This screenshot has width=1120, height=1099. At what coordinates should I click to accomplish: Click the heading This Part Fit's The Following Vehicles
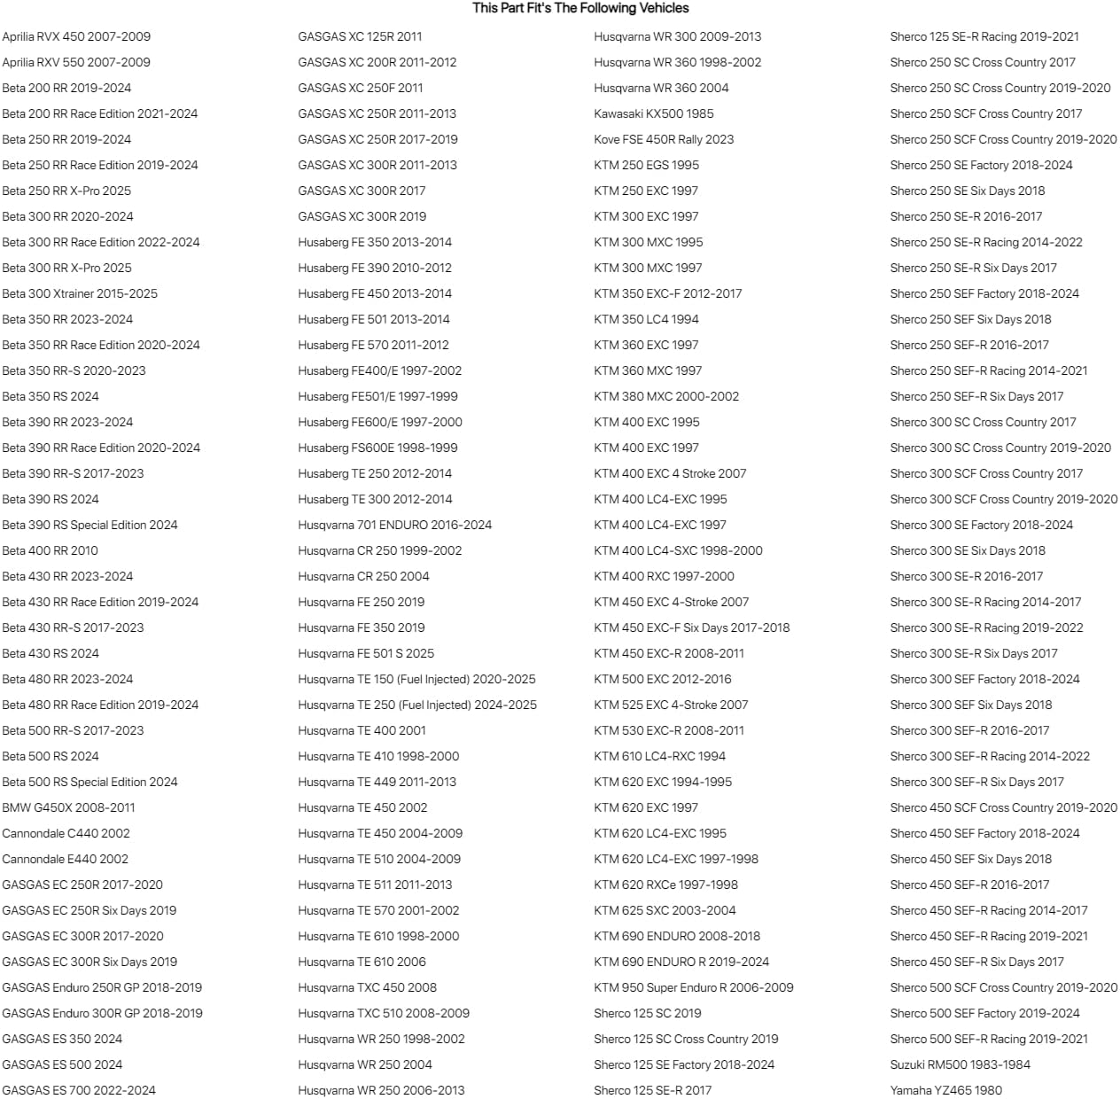click(580, 8)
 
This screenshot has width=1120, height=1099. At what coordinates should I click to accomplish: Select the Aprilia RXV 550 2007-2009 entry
click(76, 62)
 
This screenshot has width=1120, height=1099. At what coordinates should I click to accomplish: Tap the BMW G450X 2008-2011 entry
click(68, 807)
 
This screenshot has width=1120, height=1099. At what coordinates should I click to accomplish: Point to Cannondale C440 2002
click(66, 833)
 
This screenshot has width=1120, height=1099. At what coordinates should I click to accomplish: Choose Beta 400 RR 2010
click(50, 550)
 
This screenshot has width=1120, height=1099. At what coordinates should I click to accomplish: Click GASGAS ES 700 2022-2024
click(79, 1090)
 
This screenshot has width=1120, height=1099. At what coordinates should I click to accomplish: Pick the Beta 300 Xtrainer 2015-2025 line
click(80, 293)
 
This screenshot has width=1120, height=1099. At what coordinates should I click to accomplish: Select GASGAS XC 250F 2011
click(361, 88)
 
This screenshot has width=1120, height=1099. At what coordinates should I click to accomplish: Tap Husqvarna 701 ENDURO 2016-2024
click(395, 525)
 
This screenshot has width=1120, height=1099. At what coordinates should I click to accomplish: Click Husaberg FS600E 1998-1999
click(377, 448)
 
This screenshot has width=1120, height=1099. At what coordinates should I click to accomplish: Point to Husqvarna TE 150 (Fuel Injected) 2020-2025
click(417, 679)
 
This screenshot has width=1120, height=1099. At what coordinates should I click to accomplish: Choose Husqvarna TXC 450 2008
click(368, 987)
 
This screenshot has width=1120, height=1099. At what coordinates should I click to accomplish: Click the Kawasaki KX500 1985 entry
click(654, 113)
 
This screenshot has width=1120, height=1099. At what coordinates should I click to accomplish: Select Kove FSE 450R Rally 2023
click(664, 139)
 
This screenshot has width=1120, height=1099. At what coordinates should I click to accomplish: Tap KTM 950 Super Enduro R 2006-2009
click(694, 987)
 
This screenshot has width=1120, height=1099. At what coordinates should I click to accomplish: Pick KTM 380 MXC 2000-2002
click(666, 396)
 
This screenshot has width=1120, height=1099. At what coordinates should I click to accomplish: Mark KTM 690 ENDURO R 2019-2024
click(681, 962)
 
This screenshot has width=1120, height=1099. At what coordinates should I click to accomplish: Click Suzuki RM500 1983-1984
click(961, 1064)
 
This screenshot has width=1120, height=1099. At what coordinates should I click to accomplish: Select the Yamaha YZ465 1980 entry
click(946, 1090)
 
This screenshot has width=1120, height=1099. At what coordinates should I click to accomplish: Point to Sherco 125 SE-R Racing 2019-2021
click(984, 36)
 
